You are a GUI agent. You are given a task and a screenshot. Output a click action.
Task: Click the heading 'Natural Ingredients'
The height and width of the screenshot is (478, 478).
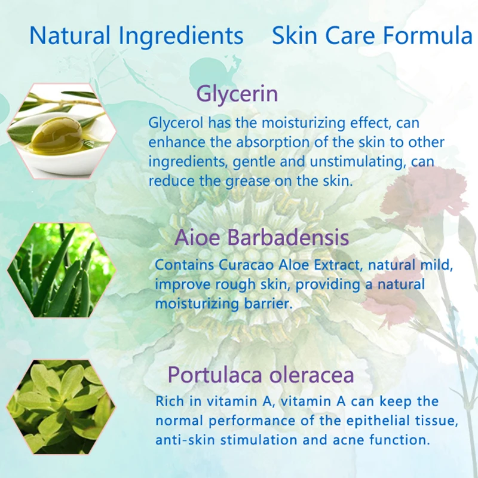tap(136, 36)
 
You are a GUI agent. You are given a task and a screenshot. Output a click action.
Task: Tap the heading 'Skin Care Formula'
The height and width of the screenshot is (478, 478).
tap(372, 36)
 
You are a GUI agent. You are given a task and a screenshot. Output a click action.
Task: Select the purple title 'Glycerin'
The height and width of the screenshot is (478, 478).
tap(237, 94)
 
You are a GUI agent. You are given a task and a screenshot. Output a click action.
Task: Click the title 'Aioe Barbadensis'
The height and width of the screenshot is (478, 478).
tap(262, 237)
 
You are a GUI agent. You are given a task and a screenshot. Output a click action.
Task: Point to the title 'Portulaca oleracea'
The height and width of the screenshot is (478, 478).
tap(261, 375)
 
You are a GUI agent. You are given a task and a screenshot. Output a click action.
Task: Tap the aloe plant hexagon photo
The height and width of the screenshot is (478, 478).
tap(60, 271)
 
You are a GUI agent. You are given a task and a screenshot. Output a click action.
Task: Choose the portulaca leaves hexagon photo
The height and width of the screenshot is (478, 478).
tap(60, 406)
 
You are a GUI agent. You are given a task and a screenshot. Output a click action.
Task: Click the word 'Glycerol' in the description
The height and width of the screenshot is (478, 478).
tap(176, 124)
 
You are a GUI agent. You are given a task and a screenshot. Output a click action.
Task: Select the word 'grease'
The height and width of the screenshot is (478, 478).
tap(262, 181)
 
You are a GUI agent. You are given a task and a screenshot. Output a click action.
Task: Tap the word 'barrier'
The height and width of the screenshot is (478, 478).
tap(267, 304)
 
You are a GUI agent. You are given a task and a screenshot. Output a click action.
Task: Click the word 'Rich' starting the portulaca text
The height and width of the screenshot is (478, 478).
tap(170, 401)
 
